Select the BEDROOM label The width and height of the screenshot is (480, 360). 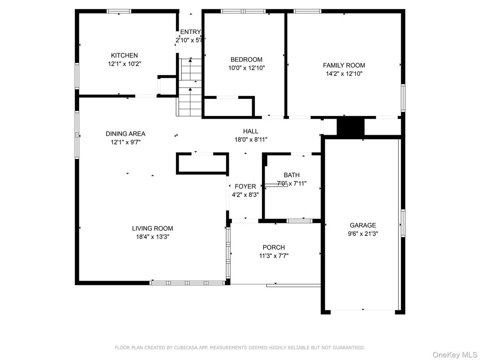pyautogui.click(x=246, y=60)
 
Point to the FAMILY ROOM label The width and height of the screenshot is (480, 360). pyautogui.click(x=344, y=65)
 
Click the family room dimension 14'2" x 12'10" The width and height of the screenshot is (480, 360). pyautogui.click(x=344, y=74)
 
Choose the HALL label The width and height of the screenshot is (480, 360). pyautogui.click(x=251, y=131)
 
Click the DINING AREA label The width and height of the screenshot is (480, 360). pyautogui.click(x=125, y=133)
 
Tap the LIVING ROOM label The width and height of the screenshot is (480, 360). pyautogui.click(x=152, y=228)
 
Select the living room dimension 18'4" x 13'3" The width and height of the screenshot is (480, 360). pyautogui.click(x=152, y=237)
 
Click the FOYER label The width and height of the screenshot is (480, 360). pyautogui.click(x=245, y=186)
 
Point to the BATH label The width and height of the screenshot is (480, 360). pyautogui.click(x=291, y=175)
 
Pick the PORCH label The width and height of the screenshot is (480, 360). pyautogui.click(x=274, y=248)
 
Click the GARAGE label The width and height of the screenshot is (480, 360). pyautogui.click(x=363, y=225)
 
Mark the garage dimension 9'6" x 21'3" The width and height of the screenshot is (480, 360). pyautogui.click(x=363, y=234)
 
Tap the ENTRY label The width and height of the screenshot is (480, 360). pyautogui.click(x=190, y=32)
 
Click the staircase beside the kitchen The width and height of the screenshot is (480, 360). pyautogui.click(x=190, y=87)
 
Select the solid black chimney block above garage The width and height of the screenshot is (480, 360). pyautogui.click(x=351, y=127)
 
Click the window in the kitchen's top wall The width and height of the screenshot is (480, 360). pyautogui.click(x=119, y=11)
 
